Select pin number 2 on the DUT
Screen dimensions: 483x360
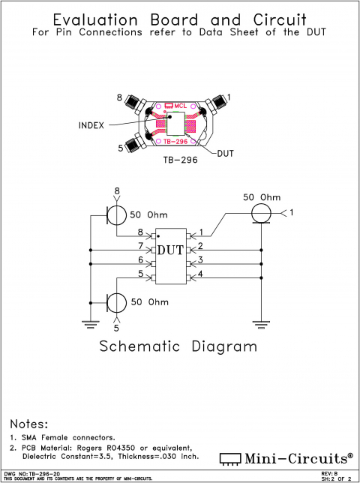point(199,246)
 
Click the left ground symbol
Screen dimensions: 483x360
point(90,324)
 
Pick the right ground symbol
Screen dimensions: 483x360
point(261,324)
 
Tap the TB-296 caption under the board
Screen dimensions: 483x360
point(180,160)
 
